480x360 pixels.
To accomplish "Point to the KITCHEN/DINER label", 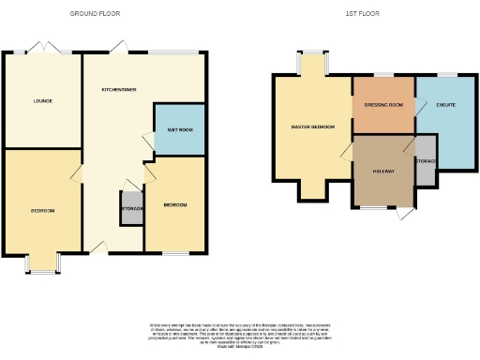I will click(119, 89).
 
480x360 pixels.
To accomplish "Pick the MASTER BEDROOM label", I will click(313, 127).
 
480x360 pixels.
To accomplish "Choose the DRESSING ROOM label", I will click(382, 105).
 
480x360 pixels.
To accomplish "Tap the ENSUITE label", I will click(446, 105).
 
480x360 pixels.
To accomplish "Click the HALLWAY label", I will click(383, 172).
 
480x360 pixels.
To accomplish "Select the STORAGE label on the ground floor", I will click(132, 208).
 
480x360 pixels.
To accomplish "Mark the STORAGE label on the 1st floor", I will click(426, 160).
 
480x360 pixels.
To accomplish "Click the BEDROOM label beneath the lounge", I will click(41, 211).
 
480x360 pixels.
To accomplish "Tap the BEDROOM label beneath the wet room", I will click(175, 204).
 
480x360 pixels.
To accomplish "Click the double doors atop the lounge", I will click(42, 50).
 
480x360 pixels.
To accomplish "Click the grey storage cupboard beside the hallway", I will click(426, 161).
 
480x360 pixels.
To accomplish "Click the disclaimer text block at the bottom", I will click(240, 332).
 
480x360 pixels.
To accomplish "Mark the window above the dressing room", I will click(382, 74).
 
